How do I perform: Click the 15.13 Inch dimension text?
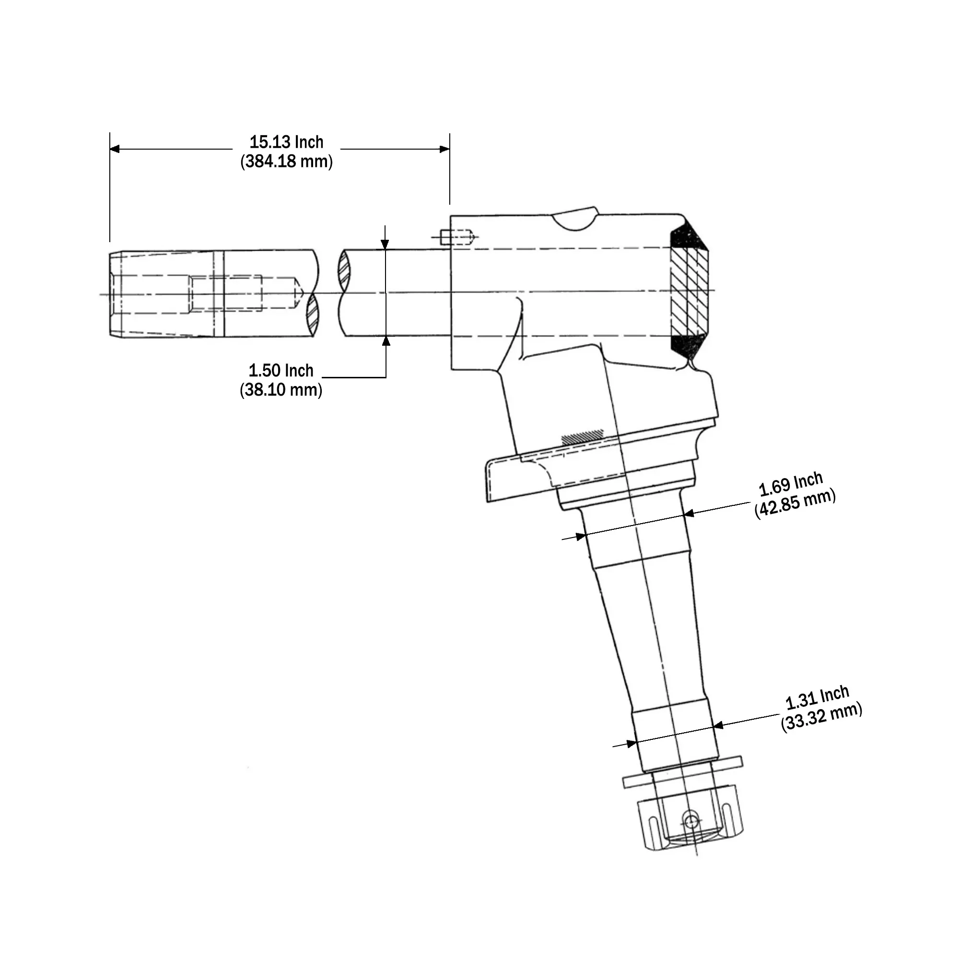click(x=286, y=142)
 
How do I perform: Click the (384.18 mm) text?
click(x=286, y=162)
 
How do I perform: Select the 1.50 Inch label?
click(x=281, y=371)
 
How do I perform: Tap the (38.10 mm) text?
click(x=281, y=390)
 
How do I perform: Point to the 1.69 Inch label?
click(x=791, y=484)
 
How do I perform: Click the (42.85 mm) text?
click(x=795, y=503)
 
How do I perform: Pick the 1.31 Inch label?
click(x=817, y=697)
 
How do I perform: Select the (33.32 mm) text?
click(x=821, y=717)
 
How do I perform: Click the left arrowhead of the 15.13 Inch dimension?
click(x=115, y=149)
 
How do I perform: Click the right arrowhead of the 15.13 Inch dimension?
click(x=445, y=149)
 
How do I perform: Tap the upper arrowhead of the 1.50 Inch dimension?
click(x=385, y=244)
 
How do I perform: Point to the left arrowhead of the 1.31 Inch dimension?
click(x=632, y=743)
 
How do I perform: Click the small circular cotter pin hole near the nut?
click(x=691, y=821)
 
